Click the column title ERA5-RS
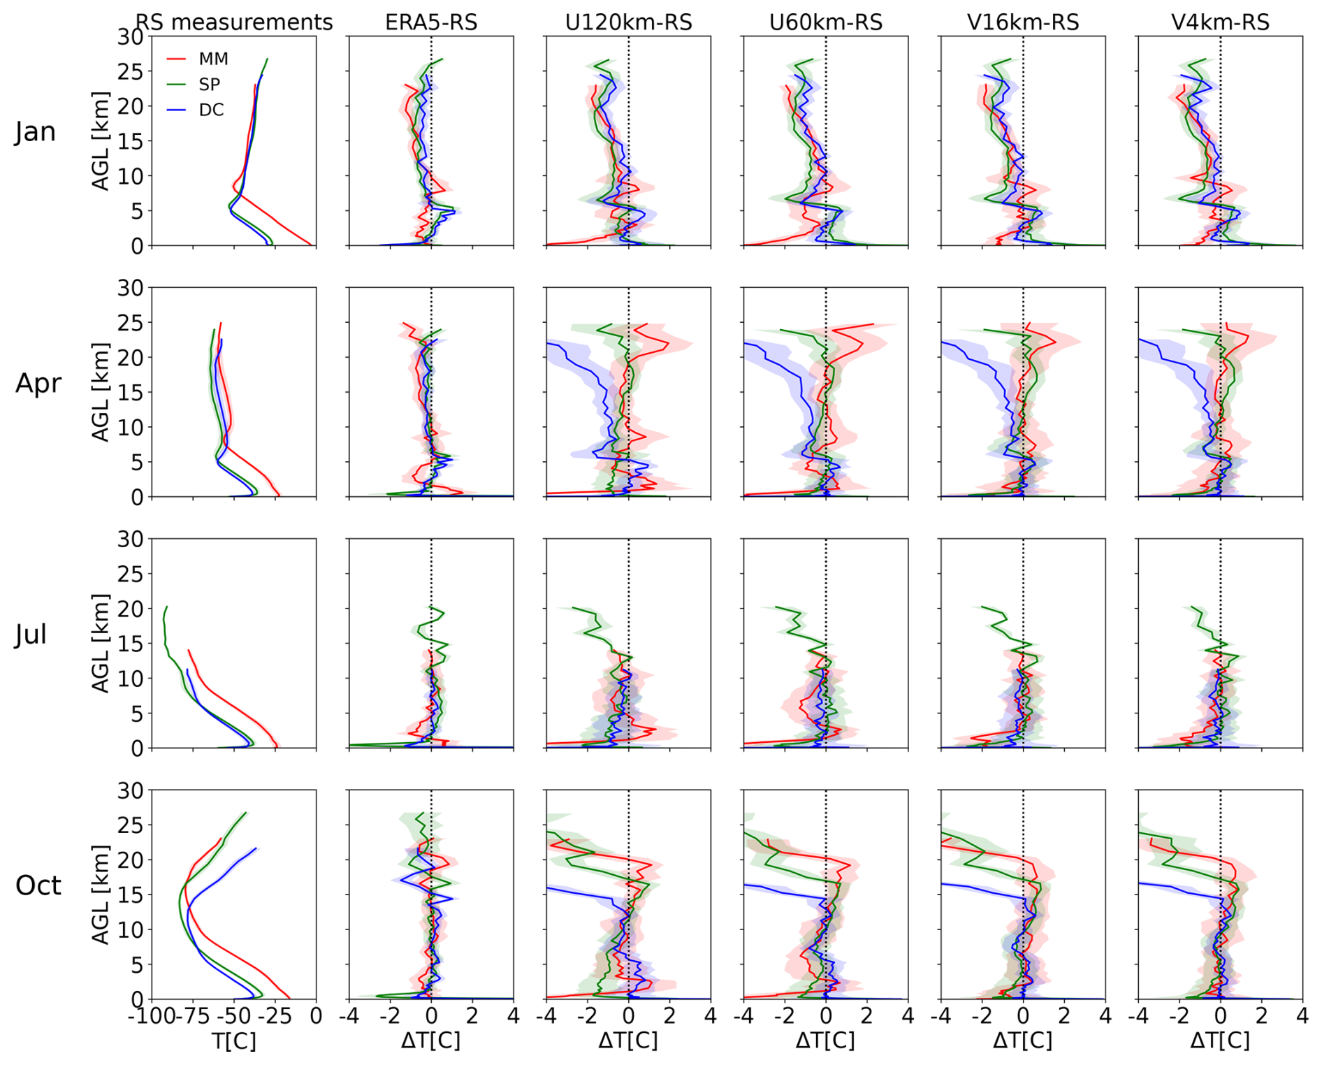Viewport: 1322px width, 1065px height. [431, 22]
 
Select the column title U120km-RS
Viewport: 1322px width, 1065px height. [628, 22]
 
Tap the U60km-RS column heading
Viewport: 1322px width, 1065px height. [825, 22]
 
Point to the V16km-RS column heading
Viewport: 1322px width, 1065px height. [1023, 22]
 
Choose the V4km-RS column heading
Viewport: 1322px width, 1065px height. [1220, 22]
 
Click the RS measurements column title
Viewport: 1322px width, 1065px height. [234, 22]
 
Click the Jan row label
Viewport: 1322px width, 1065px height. [35, 131]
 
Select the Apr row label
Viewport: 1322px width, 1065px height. [38, 383]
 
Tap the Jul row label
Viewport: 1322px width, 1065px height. [31, 635]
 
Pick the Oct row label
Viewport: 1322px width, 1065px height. [38, 885]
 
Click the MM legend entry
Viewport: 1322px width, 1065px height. [213, 59]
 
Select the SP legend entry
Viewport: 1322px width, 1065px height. [210, 85]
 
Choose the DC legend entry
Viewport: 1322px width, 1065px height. [211, 110]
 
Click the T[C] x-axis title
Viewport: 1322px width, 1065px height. [234, 1041]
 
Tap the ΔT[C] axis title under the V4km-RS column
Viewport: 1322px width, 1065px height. [1220, 1041]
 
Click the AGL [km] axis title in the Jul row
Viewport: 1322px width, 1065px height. [101, 643]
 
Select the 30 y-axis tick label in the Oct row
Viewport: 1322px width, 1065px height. [130, 790]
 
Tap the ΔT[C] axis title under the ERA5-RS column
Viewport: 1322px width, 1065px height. [431, 1041]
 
